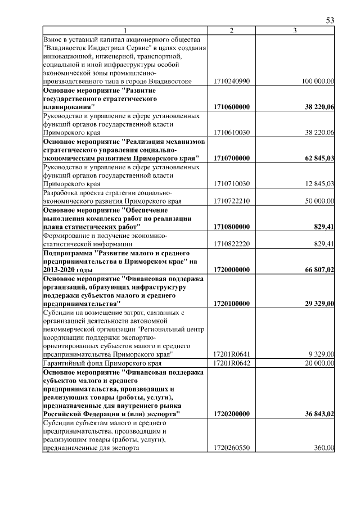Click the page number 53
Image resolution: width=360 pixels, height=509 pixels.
(x=330, y=20)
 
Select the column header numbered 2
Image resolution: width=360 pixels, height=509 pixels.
(x=232, y=30)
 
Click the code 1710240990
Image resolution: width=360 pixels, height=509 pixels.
(x=232, y=82)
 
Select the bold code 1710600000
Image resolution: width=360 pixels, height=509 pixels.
(x=232, y=107)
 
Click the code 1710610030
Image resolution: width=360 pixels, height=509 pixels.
(x=232, y=133)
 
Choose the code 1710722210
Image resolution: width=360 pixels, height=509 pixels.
(x=232, y=201)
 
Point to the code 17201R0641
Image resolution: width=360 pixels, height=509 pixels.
(x=232, y=354)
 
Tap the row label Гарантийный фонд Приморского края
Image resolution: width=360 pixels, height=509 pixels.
(x=102, y=363)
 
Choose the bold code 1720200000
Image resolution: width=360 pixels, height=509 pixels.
(x=232, y=414)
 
